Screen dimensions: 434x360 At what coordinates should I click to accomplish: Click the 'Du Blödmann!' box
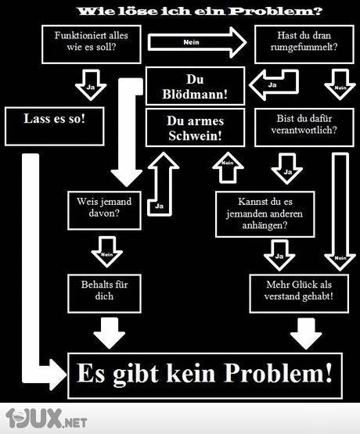click(x=196, y=86)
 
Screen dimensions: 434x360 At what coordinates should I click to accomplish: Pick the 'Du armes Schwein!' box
click(x=195, y=127)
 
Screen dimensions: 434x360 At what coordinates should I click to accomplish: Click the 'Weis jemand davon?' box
click(x=104, y=207)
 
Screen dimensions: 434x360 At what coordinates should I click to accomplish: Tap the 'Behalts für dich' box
click(x=104, y=291)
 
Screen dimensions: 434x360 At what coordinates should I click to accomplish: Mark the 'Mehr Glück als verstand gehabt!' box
click(x=300, y=291)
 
